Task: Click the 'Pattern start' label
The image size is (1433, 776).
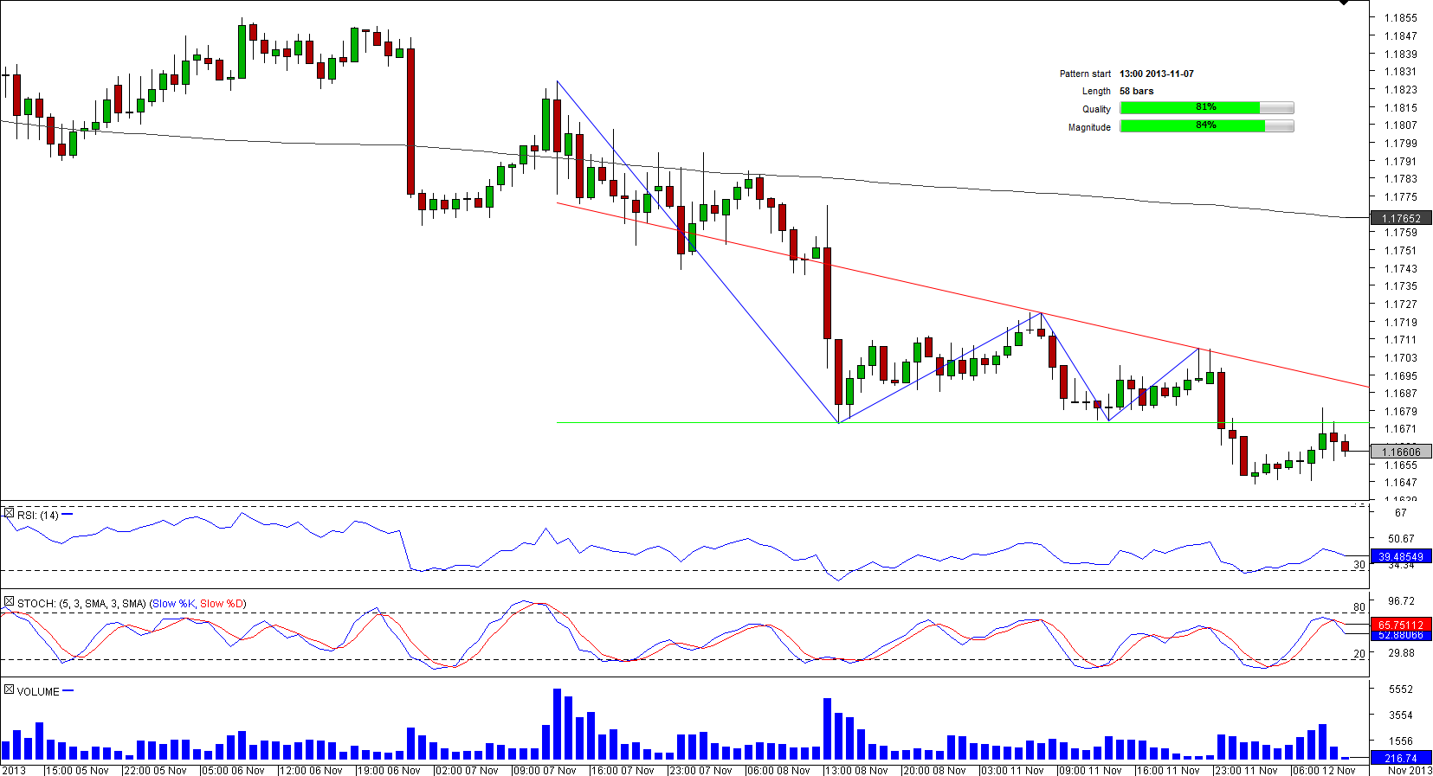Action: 1084,74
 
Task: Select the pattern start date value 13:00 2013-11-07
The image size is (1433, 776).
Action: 1156,74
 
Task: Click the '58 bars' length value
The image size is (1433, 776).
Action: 1136,91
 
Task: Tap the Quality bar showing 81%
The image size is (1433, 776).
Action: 1206,107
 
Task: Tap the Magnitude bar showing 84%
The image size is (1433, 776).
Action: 1206,125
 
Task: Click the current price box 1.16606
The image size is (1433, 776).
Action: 1400,452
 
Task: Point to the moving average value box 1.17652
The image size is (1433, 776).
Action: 1400,219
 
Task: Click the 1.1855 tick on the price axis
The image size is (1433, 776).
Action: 1400,17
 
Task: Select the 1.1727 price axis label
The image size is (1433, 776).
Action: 1400,305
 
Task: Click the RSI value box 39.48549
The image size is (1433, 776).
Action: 1400,556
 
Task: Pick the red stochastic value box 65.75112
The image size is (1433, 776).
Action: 1400,625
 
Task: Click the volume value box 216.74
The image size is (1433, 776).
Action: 1400,758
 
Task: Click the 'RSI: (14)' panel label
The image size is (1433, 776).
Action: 37,515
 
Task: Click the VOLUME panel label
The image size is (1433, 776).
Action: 38,691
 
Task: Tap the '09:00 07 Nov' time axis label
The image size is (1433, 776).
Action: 545,770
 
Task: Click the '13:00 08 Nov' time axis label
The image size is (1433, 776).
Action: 856,770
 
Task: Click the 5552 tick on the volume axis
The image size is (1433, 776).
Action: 1400,689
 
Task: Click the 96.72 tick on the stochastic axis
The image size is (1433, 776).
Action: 1400,600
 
